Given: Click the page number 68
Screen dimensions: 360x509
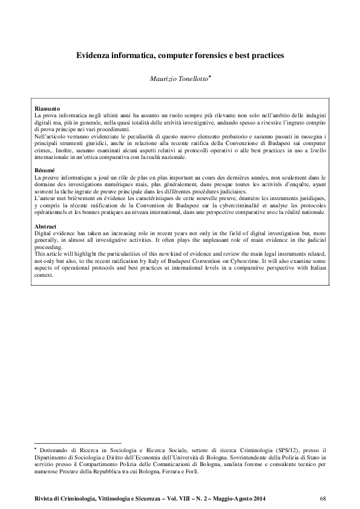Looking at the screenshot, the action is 322,498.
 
